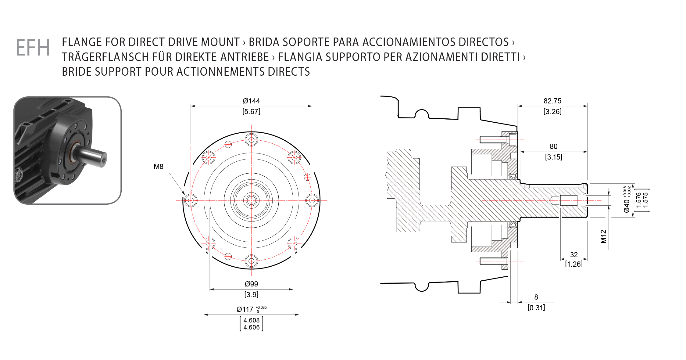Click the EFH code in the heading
click(33, 48)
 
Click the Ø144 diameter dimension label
click(251, 101)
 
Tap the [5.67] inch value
click(251, 111)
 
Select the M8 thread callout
click(159, 167)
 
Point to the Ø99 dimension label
click(252, 284)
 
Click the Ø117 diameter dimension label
click(245, 309)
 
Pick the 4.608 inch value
click(252, 320)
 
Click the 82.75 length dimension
click(552, 101)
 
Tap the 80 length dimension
click(554, 146)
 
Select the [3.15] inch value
click(554, 157)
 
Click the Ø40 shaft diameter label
click(627, 206)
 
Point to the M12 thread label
click(603, 236)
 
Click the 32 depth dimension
click(574, 255)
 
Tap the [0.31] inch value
click(536, 308)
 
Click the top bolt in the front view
click(252, 140)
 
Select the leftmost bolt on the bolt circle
click(191, 200)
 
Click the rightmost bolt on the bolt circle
click(312, 200)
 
